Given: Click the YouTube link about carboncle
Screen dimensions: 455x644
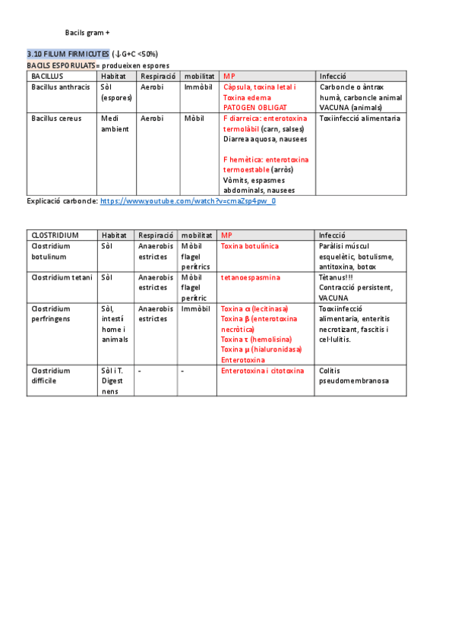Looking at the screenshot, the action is tap(188, 201).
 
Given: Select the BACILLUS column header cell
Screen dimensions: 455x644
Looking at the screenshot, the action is tap(47, 76).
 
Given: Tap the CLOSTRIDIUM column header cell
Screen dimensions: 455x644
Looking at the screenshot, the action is tap(55, 235).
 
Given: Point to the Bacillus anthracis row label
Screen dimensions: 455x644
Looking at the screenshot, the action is tap(61, 87).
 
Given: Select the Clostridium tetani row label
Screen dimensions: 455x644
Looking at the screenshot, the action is tap(61, 277).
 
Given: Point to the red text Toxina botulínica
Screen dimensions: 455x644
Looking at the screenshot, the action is tap(250, 246).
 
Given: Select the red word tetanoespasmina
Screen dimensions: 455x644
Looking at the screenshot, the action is tap(250, 277).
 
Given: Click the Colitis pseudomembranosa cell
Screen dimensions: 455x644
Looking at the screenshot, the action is tap(353, 375).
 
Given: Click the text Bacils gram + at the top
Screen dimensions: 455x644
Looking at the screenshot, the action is tap(87, 33).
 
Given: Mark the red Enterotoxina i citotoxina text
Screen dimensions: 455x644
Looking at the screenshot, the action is tap(262, 371).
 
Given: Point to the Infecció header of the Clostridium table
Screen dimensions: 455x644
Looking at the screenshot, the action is tap(332, 235).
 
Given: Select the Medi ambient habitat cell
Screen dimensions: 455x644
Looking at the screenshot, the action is tap(115, 124).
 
